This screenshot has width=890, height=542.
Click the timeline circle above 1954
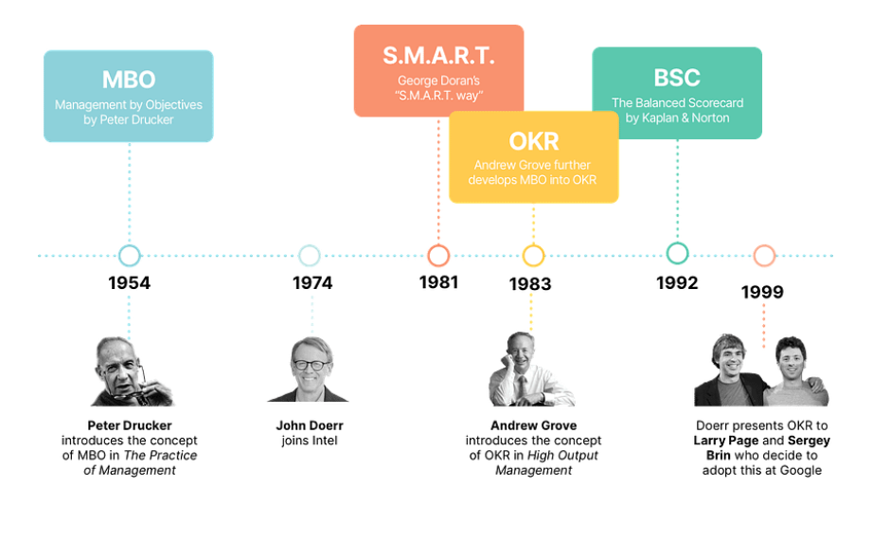point(130,245)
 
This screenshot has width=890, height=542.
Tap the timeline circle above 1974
point(310,245)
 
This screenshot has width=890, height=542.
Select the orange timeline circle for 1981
point(438,245)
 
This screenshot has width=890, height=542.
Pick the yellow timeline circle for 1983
point(533,245)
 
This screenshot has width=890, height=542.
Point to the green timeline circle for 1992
point(677,244)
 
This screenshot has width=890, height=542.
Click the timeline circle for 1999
point(764,245)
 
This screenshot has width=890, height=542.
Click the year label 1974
point(312,283)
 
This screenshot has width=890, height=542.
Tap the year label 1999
point(762,292)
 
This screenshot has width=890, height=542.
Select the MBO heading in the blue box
point(129,80)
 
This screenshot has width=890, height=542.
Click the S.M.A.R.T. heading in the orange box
point(438,56)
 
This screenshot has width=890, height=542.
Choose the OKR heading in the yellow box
point(534,141)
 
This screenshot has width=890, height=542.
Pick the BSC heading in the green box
point(677,78)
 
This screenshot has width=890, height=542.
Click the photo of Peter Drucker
point(133,371)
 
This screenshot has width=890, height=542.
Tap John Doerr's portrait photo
point(309,370)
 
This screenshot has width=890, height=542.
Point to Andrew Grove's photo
point(532,369)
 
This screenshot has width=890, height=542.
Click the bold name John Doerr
point(310,425)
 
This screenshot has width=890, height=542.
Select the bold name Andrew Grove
point(534,425)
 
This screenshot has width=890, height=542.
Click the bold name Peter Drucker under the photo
point(130,425)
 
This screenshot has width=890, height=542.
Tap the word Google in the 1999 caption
point(801,470)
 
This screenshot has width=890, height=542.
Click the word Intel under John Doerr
point(325,441)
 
